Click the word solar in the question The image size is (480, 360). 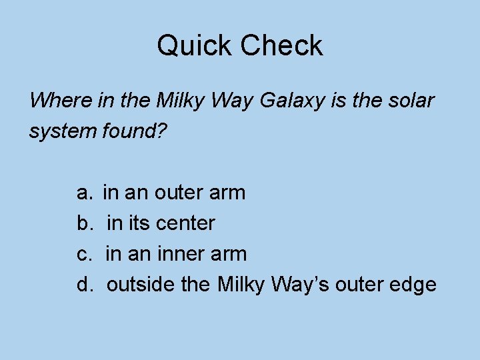click(x=413, y=101)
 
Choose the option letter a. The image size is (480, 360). click(x=83, y=193)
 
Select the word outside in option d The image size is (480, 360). click(x=139, y=285)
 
